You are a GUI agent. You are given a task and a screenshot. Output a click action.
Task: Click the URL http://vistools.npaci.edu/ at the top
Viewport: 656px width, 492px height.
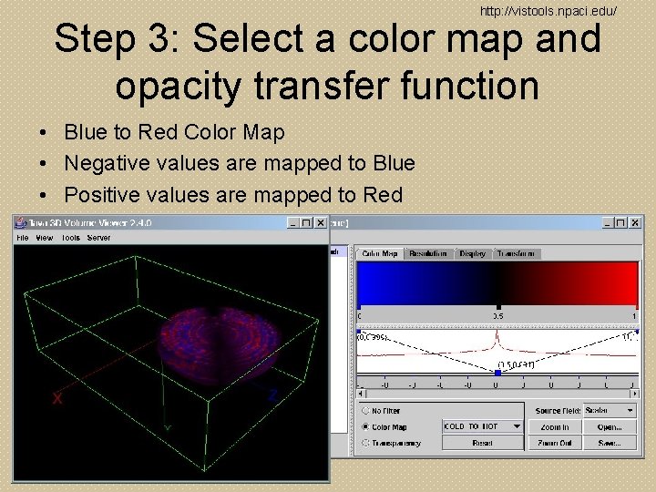[548, 11]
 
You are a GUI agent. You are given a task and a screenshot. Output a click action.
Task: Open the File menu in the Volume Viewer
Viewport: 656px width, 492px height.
[23, 238]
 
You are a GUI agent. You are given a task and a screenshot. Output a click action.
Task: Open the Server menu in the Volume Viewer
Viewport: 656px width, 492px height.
[98, 238]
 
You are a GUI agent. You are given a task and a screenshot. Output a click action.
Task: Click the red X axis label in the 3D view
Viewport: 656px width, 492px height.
[57, 398]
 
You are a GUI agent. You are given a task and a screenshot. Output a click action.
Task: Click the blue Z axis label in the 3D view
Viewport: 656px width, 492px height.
[272, 395]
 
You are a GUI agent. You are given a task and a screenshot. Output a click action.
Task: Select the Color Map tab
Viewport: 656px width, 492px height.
[379, 254]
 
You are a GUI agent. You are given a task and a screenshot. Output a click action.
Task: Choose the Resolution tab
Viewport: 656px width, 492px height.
[428, 254]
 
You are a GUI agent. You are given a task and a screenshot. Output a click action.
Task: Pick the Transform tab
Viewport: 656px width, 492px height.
[517, 254]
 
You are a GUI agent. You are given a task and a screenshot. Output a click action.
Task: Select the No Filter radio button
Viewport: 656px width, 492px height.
[365, 411]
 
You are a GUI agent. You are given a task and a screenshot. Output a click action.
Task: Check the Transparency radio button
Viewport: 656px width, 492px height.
[365, 443]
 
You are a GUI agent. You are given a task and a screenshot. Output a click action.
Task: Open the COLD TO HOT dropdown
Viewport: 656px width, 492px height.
[483, 426]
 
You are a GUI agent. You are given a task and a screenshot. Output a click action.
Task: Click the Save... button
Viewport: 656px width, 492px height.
[610, 443]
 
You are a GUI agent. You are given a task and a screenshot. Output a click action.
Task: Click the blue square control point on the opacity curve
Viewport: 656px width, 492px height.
[497, 373]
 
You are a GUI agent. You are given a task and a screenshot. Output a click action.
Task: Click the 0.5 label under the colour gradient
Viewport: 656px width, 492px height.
[497, 316]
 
